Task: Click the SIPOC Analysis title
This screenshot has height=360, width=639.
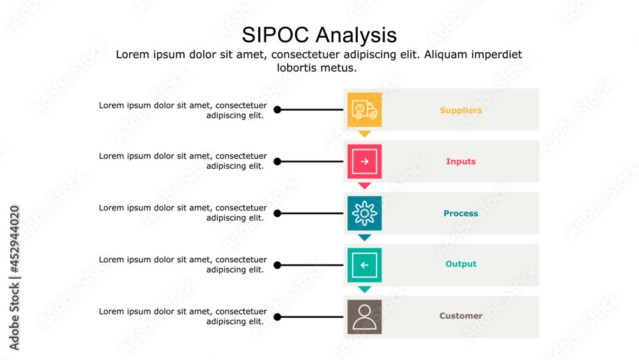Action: (319, 34)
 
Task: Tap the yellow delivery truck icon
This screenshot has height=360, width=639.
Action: (364, 109)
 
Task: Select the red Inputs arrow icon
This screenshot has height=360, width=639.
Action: (364, 162)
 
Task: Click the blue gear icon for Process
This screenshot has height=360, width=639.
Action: (364, 213)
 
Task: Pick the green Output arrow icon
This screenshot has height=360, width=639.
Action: (364, 265)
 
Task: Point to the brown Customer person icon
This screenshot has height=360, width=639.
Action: (364, 317)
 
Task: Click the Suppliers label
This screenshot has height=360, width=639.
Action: (461, 111)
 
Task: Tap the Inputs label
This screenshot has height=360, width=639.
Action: (461, 162)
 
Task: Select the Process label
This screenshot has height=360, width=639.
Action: (461, 214)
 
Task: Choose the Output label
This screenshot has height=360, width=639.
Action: (461, 264)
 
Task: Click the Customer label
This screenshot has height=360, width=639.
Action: (461, 316)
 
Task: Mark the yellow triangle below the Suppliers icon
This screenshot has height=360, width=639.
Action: (364, 134)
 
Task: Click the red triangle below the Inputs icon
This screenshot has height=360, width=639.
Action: (364, 185)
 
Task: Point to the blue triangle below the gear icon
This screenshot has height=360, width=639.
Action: (364, 237)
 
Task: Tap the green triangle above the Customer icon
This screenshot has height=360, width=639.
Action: (364, 289)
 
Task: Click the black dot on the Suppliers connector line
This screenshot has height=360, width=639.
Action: (277, 110)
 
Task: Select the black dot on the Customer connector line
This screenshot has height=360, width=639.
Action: (277, 317)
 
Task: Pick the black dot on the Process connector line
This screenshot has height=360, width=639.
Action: (277, 214)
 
